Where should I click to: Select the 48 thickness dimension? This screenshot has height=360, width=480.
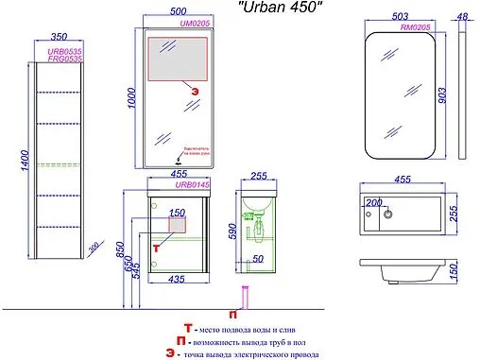click(464, 17)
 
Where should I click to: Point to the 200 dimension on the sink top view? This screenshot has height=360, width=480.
click(372, 204)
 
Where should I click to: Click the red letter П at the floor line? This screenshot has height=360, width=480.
click(233, 311)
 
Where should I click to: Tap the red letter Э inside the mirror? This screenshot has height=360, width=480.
click(197, 92)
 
